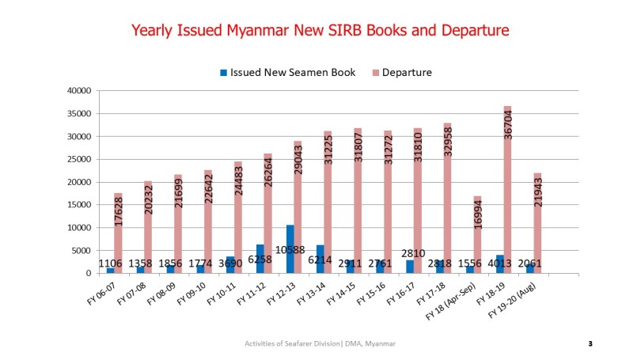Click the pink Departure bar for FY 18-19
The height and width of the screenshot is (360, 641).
507,190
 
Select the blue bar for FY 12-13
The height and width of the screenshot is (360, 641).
290,249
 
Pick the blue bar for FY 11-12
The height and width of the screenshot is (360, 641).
260,259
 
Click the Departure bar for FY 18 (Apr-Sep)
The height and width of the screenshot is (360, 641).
477,235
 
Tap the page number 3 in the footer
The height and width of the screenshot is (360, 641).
590,343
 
